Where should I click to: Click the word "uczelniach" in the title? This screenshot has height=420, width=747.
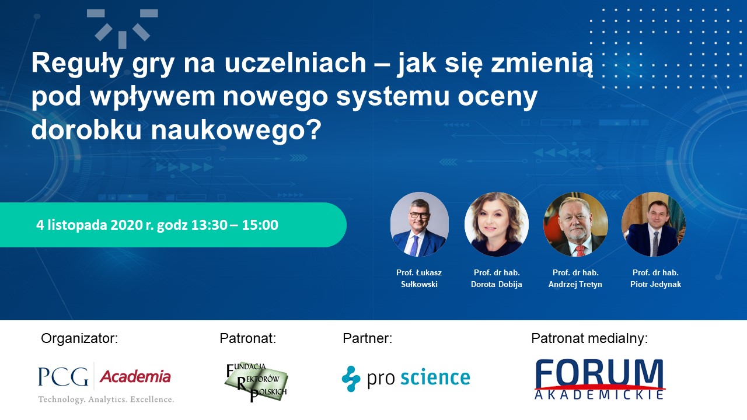click(295, 62)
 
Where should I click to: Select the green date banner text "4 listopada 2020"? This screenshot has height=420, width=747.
click(90, 225)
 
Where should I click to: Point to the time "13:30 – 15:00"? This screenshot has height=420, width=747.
click(235, 225)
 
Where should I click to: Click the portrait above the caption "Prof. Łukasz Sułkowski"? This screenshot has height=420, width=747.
click(419, 224)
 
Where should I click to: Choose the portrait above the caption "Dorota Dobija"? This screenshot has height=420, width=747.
click(496, 224)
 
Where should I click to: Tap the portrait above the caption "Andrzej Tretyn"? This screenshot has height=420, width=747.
click(575, 224)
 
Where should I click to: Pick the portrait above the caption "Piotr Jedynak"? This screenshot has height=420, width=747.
click(654, 224)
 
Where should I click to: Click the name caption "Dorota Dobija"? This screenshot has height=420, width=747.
click(497, 284)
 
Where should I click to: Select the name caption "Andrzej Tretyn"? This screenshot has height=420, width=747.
click(575, 284)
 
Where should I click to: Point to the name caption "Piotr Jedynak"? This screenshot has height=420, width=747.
click(655, 284)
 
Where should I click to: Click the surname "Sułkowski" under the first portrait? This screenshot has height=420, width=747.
click(419, 284)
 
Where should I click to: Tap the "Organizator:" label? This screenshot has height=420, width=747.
click(79, 338)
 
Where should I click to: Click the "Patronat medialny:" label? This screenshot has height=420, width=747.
click(589, 338)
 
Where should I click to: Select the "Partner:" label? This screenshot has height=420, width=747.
click(368, 338)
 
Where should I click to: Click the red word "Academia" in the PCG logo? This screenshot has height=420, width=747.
click(135, 377)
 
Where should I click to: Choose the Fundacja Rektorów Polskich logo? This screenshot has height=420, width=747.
click(256, 382)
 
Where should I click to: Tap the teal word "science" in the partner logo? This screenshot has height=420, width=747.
click(435, 377)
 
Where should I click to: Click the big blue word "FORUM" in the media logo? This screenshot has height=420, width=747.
click(599, 374)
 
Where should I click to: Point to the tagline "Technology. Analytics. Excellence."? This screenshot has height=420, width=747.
click(106, 400)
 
